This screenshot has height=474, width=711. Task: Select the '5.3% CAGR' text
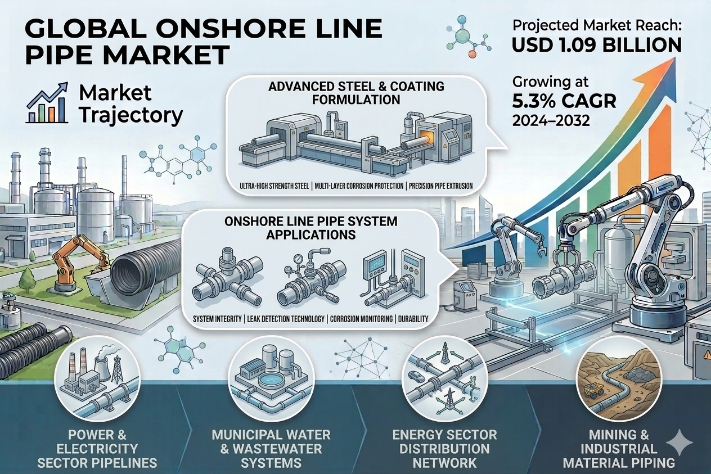coord(564,101)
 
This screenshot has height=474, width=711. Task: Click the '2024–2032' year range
coord(551,120)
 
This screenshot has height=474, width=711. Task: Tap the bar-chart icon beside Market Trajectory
coord(48,103)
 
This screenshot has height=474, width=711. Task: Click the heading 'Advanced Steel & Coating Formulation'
coord(356,93)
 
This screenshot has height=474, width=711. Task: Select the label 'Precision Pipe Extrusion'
coord(440,186)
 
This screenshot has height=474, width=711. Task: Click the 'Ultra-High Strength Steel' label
coord(274,186)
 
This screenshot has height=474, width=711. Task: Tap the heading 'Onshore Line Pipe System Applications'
coord(310,228)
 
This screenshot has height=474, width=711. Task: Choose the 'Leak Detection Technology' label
coord(286,319)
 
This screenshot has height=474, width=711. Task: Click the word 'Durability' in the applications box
coord(413,319)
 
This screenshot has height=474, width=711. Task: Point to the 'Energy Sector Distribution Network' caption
coord(444,449)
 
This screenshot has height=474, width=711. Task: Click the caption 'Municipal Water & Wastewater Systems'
coord(271,449)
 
